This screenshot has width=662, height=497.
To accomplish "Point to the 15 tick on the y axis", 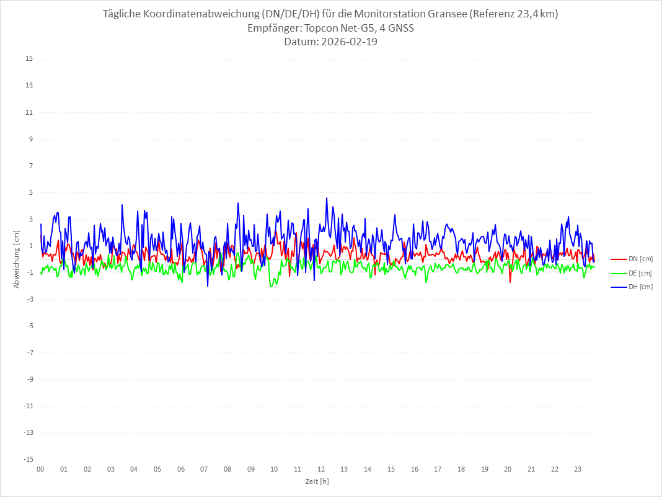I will tap(29, 59).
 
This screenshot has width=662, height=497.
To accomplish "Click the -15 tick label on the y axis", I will tap(28, 459).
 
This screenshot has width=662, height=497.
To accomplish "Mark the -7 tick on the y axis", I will tap(29, 352).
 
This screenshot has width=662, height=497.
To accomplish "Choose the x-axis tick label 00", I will tap(40, 469).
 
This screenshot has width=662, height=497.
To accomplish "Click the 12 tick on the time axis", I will tap(321, 469).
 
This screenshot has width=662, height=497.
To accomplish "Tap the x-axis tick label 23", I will tap(578, 469).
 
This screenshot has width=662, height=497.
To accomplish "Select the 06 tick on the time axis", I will tap(180, 469).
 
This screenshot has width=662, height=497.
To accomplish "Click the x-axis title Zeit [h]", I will tap(317, 481).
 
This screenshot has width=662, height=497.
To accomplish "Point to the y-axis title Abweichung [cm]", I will tap(17, 259).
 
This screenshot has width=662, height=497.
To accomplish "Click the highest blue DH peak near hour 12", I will tap(327, 199).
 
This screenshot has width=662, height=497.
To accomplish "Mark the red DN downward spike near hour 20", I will tap(510, 282).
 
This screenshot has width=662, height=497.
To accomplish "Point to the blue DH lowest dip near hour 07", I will tap(208, 285).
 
